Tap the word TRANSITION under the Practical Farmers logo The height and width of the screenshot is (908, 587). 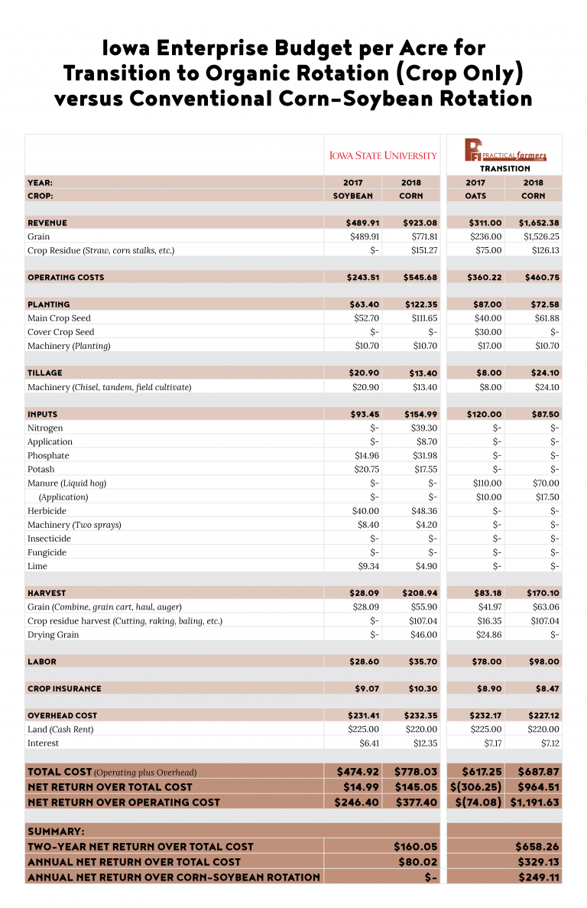coord(505,168)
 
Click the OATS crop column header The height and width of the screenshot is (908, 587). coord(475,196)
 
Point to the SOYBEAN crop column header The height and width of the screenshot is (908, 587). coord(352,196)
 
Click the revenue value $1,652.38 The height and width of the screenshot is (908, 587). coord(533,223)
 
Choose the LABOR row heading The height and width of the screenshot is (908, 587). coord(42,662)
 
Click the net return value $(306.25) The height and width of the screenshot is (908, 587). coord(475,786)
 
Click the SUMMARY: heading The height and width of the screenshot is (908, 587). coord(56,831)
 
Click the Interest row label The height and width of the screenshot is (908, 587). coord(43,744)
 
